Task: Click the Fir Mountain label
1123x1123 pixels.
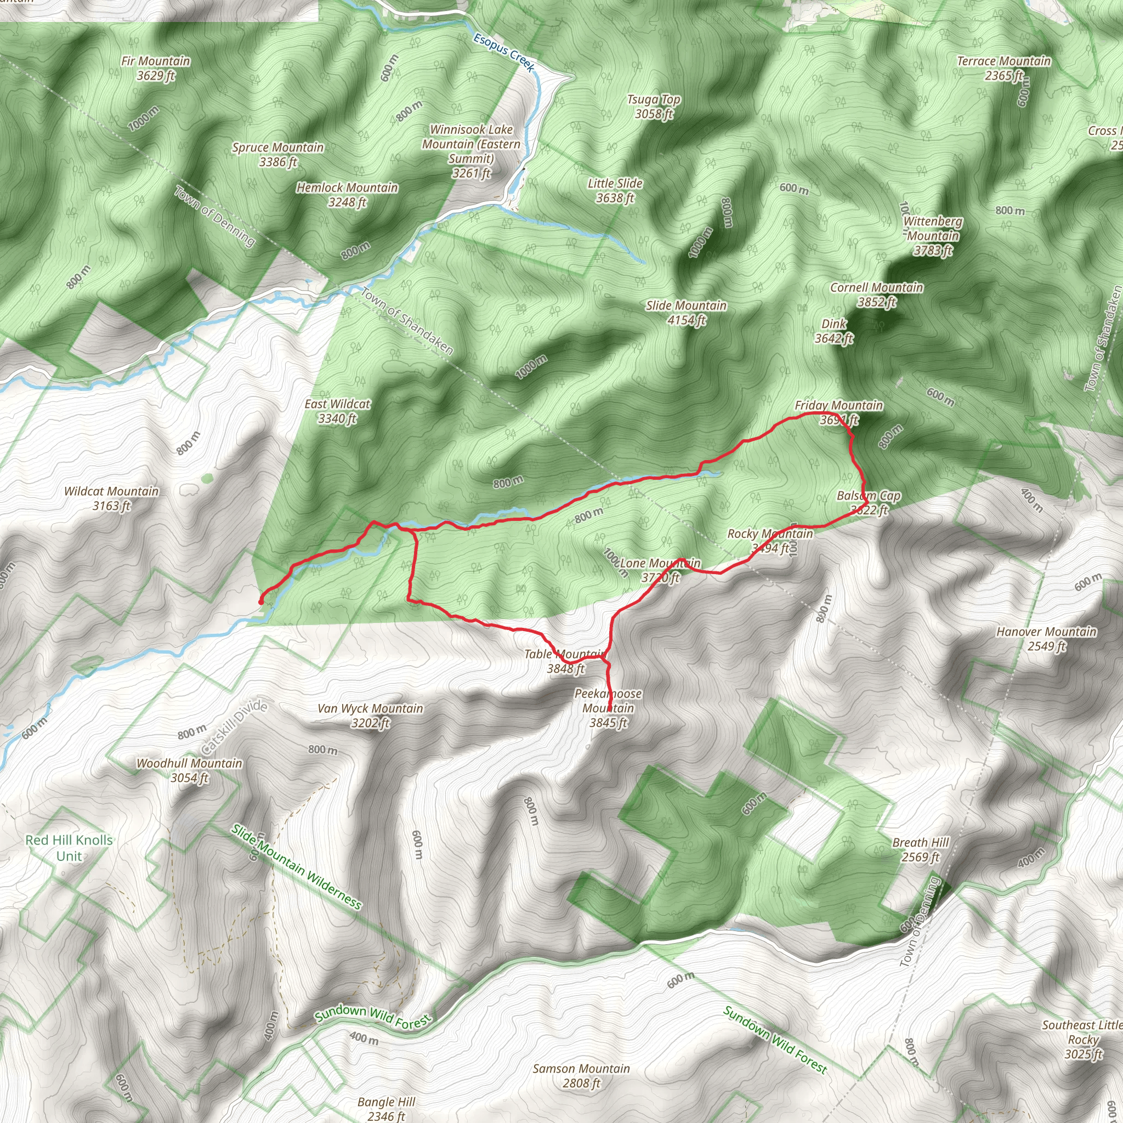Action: click(x=155, y=68)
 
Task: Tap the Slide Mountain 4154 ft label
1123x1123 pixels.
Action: click(x=686, y=313)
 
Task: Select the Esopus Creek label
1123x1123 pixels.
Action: click(x=503, y=52)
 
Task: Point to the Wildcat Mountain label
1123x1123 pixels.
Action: click(x=111, y=498)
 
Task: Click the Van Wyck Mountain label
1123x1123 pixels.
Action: click(x=370, y=716)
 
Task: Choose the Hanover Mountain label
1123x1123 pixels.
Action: click(x=1046, y=639)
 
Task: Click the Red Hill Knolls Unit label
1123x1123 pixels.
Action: click(x=69, y=848)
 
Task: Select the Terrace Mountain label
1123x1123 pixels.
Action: click(x=1004, y=68)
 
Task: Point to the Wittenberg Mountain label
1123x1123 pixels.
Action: click(x=932, y=235)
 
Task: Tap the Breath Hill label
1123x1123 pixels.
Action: click(x=921, y=850)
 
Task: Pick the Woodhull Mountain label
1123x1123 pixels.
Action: click(x=190, y=770)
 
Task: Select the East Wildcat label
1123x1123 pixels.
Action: click(x=337, y=411)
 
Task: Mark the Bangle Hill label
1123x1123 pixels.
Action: click(x=387, y=1108)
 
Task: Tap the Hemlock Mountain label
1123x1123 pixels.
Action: click(x=347, y=195)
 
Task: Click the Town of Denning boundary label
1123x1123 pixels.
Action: click(x=214, y=215)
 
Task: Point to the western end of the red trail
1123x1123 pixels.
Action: click(x=260, y=602)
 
